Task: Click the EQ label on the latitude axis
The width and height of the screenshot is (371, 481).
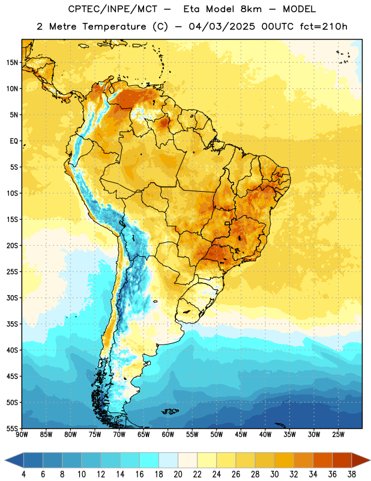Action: click(x=14, y=141)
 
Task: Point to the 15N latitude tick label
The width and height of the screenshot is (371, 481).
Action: click(x=12, y=63)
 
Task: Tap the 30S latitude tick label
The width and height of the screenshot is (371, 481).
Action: click(x=12, y=298)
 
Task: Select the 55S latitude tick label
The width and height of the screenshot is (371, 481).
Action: click(x=12, y=429)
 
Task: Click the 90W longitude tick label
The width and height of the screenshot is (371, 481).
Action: click(x=22, y=434)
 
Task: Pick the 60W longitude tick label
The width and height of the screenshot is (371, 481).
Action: click(x=168, y=434)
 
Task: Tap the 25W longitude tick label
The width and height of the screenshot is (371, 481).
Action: click(x=338, y=434)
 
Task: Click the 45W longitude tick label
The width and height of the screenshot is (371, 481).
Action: click(x=241, y=434)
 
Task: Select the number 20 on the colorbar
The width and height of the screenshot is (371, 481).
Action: click(x=178, y=474)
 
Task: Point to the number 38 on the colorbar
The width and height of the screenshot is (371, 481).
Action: click(x=352, y=474)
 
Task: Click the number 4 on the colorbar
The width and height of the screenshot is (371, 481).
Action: click(x=23, y=474)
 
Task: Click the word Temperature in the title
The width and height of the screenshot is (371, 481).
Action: click(x=114, y=26)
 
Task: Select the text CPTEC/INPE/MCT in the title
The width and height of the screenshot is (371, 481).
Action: click(x=113, y=9)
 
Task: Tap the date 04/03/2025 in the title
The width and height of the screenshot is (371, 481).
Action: click(x=222, y=26)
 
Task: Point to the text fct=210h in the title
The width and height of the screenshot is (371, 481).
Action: click(x=324, y=26)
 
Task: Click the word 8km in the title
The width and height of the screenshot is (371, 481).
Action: click(x=251, y=9)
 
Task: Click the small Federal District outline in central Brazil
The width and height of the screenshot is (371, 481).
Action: click(x=228, y=223)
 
